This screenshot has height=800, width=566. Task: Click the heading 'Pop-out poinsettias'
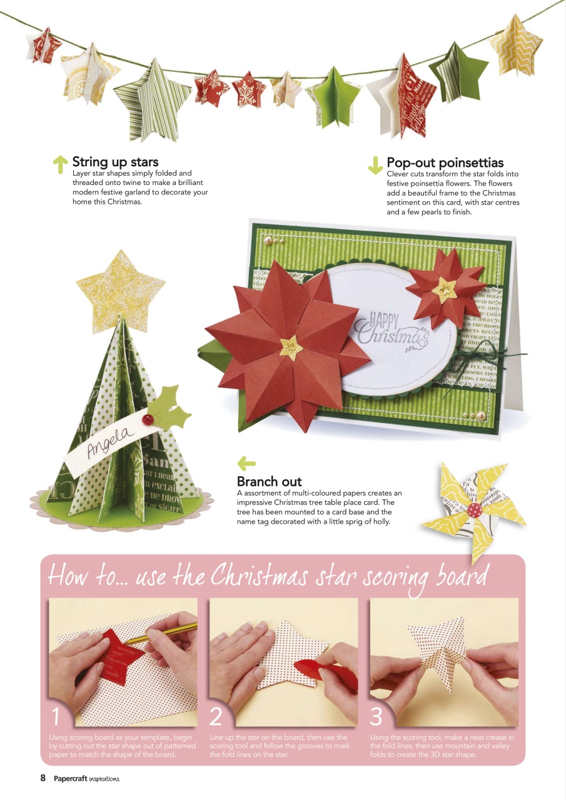[445, 164]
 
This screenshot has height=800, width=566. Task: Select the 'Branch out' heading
[269, 482]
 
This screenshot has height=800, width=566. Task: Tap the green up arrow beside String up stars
[60, 164]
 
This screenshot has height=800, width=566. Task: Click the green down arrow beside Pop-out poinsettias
[375, 165]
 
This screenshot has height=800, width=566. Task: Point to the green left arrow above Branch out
[246, 464]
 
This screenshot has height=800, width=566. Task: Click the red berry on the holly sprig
[148, 418]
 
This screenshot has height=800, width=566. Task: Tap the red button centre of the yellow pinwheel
[473, 509]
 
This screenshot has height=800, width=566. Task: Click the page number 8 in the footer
[43, 778]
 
